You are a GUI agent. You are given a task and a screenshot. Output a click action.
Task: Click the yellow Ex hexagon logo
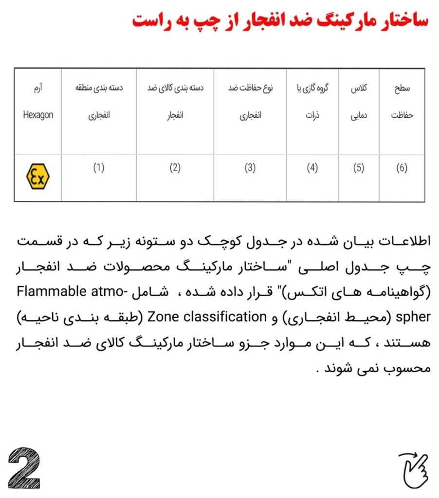click(37, 178)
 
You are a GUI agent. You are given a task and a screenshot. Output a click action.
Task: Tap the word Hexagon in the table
click(38, 115)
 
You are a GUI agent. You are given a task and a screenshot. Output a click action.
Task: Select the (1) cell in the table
click(99, 168)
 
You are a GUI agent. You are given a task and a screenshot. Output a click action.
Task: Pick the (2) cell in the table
click(175, 168)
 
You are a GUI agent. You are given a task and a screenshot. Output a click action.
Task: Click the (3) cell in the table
click(250, 168)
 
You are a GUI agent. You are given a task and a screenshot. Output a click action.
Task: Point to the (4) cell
click(312, 168)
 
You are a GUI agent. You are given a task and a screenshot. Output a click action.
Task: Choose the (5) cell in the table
click(359, 168)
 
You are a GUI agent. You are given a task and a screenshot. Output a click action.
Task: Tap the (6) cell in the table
click(402, 168)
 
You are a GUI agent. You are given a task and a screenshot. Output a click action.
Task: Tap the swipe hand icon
click(413, 467)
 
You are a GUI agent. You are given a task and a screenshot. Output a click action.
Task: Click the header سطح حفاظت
click(402, 102)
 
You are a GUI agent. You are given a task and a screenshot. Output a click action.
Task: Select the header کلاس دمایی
click(359, 102)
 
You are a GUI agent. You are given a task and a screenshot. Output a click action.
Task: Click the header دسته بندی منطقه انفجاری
click(99, 102)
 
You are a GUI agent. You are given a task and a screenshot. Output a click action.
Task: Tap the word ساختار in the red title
click(395, 21)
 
